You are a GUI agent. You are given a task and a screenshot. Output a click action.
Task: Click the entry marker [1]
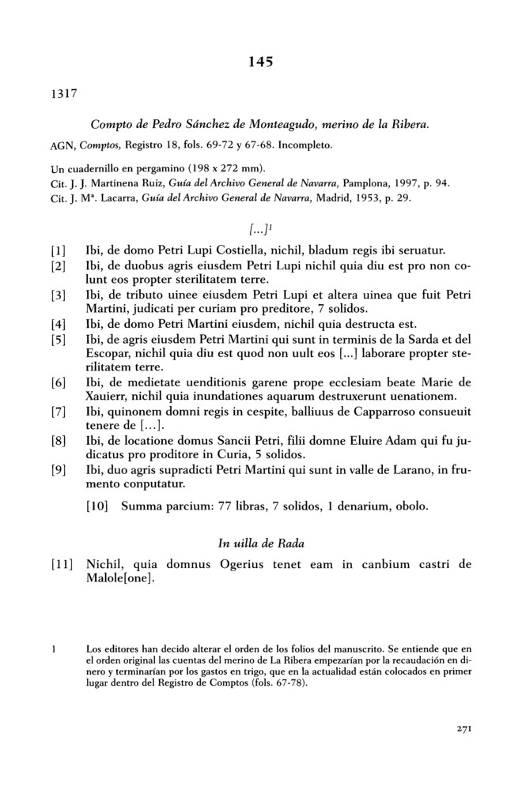coord(59,250)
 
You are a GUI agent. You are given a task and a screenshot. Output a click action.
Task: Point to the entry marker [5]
coord(59,340)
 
